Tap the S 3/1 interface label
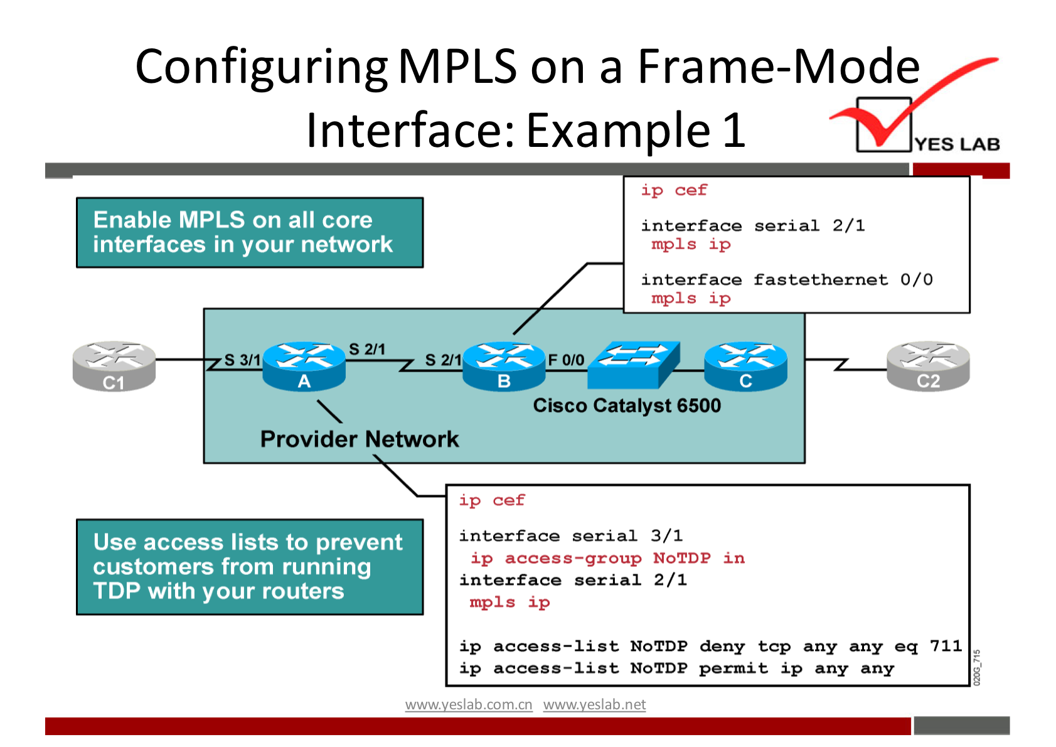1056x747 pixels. [x=242, y=360]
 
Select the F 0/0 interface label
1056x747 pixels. [x=566, y=360]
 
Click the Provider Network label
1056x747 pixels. [x=360, y=439]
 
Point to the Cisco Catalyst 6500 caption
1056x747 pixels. [x=627, y=406]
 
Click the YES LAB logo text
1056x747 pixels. [x=957, y=144]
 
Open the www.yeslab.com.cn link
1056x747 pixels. [x=469, y=704]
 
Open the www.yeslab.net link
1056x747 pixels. [x=594, y=704]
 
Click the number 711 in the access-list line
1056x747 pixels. [x=946, y=646]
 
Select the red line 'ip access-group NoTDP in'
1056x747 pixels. [x=607, y=558]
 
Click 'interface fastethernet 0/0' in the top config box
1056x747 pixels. [x=786, y=279]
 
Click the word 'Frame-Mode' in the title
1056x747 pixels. [x=778, y=67]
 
